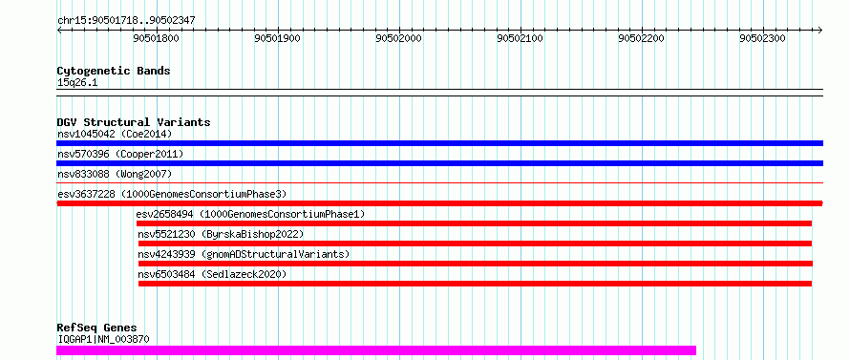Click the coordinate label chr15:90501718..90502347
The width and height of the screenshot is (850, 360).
(x=126, y=21)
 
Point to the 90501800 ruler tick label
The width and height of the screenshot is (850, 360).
(x=156, y=38)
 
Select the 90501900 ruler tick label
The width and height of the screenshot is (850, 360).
(x=278, y=38)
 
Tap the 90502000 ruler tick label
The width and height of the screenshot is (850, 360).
(x=399, y=38)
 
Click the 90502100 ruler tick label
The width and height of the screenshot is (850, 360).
(x=521, y=38)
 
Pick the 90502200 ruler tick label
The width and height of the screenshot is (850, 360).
(x=642, y=38)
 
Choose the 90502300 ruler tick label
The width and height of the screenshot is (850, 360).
(x=763, y=38)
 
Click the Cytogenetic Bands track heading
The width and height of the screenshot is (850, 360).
(x=114, y=71)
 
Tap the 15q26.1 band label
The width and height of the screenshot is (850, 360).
(x=77, y=83)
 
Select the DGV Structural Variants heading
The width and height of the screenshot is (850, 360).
(x=134, y=122)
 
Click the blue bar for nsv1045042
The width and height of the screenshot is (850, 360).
(x=439, y=143)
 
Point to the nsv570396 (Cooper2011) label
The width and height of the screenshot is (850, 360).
(x=120, y=155)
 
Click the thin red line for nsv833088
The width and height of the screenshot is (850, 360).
(x=439, y=183)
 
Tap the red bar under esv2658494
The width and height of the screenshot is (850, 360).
(x=474, y=223)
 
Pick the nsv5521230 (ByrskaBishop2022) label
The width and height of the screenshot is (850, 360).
(x=221, y=234)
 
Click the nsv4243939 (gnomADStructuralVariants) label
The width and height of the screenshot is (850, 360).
(x=244, y=254)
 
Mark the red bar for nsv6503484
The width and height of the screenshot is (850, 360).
(x=475, y=284)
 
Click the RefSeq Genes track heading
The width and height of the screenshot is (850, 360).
(x=96, y=328)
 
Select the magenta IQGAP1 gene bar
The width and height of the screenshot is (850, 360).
(x=376, y=350)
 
